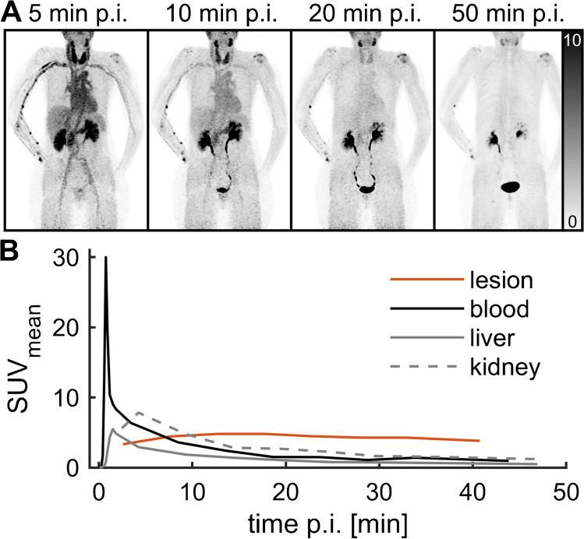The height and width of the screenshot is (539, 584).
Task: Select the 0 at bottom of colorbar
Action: tap(572, 222)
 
